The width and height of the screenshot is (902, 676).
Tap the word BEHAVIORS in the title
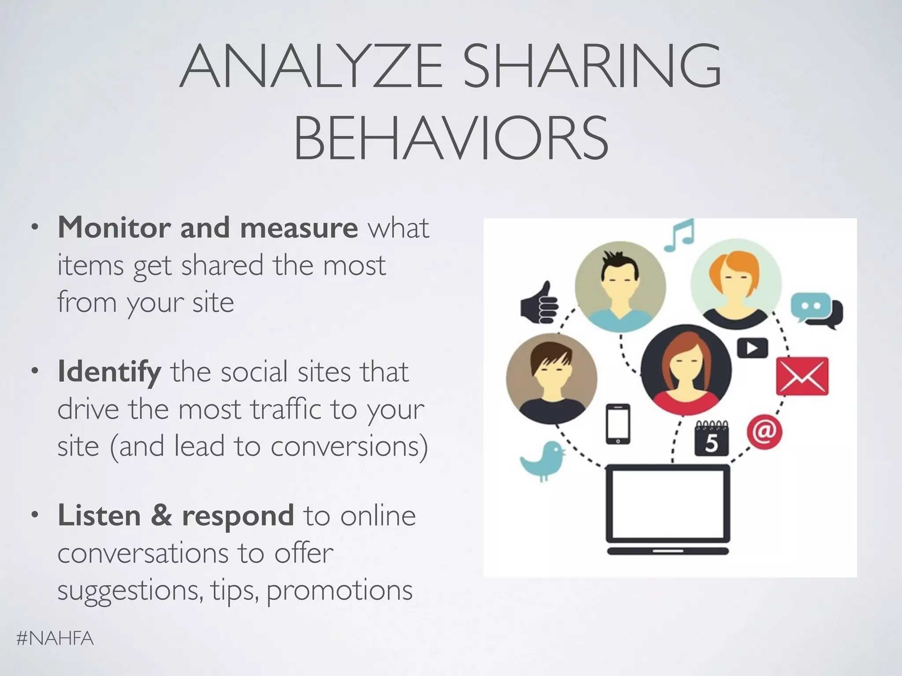point(451,137)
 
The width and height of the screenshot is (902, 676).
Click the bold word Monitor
point(114,228)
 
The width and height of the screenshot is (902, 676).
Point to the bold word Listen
point(99,515)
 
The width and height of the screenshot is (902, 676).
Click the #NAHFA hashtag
point(55,638)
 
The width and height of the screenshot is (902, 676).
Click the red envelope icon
point(802,376)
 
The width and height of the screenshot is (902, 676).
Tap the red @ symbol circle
point(764,432)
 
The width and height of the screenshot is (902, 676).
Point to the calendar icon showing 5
point(711,438)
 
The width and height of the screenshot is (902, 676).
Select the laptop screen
point(668,504)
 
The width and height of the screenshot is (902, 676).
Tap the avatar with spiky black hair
point(620,287)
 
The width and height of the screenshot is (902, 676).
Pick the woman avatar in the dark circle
point(686,370)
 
